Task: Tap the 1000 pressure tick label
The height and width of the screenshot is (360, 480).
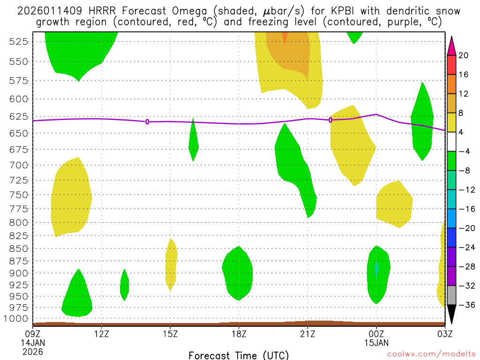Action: point(17,319)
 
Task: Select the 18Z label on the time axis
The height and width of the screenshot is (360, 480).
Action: point(239,334)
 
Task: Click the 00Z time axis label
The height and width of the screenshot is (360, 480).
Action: point(376,334)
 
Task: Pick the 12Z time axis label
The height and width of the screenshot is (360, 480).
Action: point(101,334)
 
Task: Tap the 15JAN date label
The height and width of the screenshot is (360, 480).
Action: point(376,343)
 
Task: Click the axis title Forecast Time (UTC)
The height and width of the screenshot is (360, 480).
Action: point(239,355)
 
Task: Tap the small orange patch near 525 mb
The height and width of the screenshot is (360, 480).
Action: point(285,37)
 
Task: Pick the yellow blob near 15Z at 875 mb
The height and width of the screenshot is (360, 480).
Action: point(172,265)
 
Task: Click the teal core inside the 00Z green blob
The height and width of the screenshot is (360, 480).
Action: point(376,268)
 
